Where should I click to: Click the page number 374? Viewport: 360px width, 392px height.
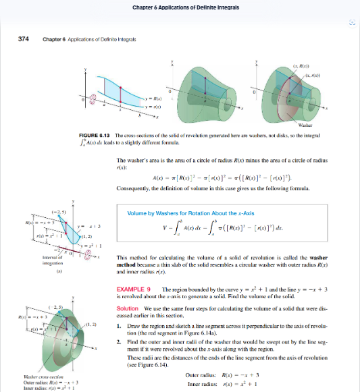[x=22, y=40]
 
